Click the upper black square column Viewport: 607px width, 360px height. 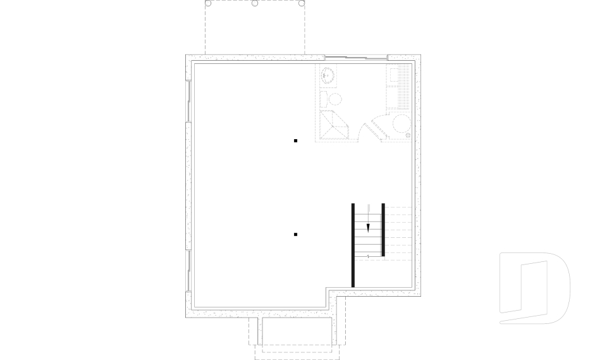click(x=295, y=140)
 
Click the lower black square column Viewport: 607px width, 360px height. click(x=295, y=235)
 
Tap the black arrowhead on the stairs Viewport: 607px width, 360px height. click(x=368, y=227)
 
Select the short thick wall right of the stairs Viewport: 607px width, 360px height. click(x=383, y=230)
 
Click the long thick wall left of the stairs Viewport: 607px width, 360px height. click(x=353, y=245)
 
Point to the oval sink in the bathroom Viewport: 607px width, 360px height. click(x=327, y=76)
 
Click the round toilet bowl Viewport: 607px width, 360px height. click(x=334, y=99)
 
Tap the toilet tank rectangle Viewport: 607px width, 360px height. click(x=322, y=99)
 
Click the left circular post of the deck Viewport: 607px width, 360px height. click(x=208, y=3)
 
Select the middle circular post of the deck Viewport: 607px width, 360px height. click(x=255, y=3)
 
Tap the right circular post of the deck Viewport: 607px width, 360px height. click(x=302, y=3)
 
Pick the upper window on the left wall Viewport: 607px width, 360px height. click(x=188, y=101)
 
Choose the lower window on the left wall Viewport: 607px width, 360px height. click(x=188, y=271)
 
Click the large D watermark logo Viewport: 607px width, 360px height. click(x=534, y=288)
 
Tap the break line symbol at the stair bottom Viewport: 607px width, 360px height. click(x=368, y=256)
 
